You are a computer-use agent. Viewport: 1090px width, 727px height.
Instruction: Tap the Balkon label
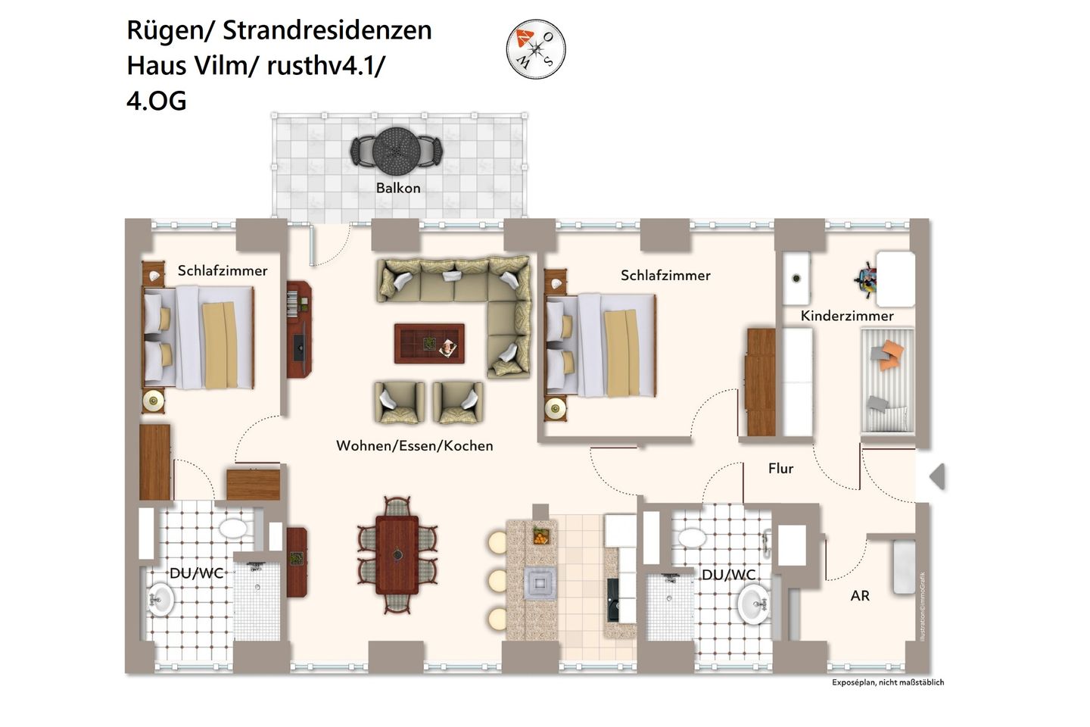pos(398,188)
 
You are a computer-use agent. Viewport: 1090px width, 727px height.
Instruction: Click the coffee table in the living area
pos(429,343)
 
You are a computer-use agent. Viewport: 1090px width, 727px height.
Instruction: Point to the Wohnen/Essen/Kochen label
pos(414,446)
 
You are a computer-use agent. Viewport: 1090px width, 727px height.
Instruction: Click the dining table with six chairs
pos(397,554)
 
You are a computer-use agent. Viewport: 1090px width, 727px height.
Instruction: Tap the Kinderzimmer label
pos(847,316)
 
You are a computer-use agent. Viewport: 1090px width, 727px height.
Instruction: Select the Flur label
pos(780,469)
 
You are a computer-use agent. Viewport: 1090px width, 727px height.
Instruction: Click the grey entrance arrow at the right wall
pos(937,477)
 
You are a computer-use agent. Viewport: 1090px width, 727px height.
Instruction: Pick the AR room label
pos(860,596)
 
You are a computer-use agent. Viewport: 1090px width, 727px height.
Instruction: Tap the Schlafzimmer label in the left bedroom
pos(223,270)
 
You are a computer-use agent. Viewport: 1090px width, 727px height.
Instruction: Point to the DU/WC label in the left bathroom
pos(197,573)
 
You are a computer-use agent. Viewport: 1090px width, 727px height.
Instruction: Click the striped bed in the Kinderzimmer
pos(887,380)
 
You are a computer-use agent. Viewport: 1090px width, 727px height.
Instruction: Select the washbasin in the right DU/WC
pos(753,605)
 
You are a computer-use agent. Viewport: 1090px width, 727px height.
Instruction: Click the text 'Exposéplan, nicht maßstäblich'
pos(888,682)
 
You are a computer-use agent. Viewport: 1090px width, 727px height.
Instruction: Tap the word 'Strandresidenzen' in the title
pos(327,30)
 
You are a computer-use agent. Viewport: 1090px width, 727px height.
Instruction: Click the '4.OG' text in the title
pos(157,101)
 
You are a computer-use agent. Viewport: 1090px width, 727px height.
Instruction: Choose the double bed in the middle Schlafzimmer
pos(601,345)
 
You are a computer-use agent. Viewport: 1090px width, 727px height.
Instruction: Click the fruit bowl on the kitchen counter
pos(541,535)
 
